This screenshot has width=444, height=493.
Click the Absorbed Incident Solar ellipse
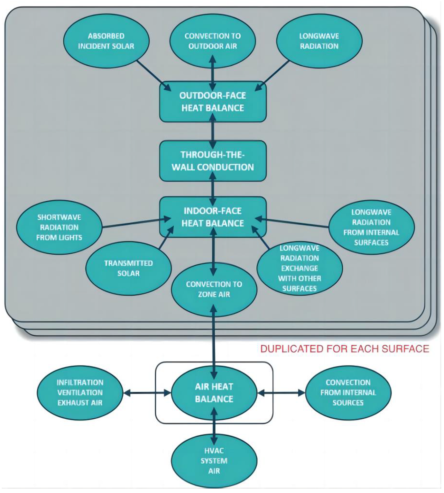106,41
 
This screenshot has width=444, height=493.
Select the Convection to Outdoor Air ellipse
212,41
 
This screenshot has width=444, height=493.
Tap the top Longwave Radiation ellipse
319,41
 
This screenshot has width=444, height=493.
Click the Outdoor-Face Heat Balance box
213,102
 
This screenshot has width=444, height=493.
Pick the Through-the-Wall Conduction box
213,161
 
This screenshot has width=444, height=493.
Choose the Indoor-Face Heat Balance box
213,217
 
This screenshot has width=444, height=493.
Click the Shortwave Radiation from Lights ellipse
59,227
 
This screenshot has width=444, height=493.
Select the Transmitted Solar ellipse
128,268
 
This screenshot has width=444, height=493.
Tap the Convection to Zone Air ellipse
214,289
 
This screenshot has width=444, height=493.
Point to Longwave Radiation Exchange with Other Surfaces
300,268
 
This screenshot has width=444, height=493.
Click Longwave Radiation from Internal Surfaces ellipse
371,227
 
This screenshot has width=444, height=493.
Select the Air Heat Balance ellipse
214,393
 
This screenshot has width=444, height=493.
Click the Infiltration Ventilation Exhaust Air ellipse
80,393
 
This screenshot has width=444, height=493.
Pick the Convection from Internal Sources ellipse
348,393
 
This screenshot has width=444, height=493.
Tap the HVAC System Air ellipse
214,461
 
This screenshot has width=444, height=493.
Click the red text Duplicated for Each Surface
345,349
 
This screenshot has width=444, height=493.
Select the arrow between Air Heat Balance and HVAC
214,427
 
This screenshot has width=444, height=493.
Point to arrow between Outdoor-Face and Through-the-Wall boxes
212,131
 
